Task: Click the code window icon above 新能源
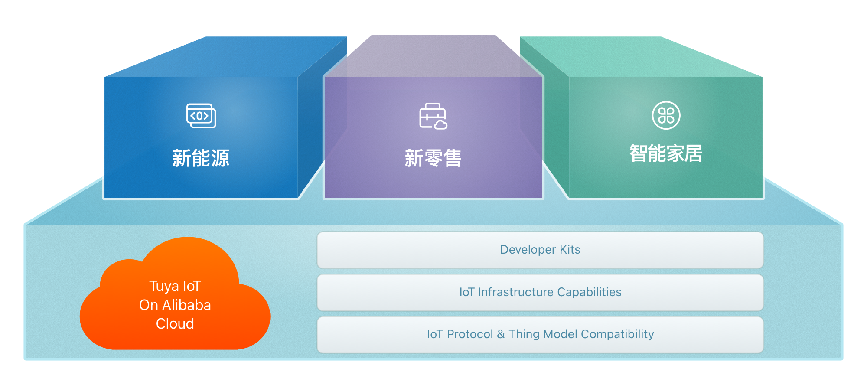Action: [x=201, y=116]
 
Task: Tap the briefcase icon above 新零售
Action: [x=433, y=116]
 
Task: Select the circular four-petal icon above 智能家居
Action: [x=666, y=115]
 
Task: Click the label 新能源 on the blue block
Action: [x=201, y=158]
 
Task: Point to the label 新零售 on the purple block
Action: [x=433, y=158]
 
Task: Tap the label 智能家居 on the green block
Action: [x=666, y=153]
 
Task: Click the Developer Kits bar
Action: [x=540, y=250]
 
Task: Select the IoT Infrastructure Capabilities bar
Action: [x=540, y=293]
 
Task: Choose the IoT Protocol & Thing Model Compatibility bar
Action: [x=540, y=335]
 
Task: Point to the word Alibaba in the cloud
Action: [x=186, y=305]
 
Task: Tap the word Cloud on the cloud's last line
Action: [x=175, y=324]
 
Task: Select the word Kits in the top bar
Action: [x=570, y=250]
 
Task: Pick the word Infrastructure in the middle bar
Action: [x=515, y=292]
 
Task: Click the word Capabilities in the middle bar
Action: [x=589, y=293]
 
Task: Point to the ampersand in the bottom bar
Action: [x=501, y=334]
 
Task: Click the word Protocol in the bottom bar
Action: [x=469, y=334]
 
